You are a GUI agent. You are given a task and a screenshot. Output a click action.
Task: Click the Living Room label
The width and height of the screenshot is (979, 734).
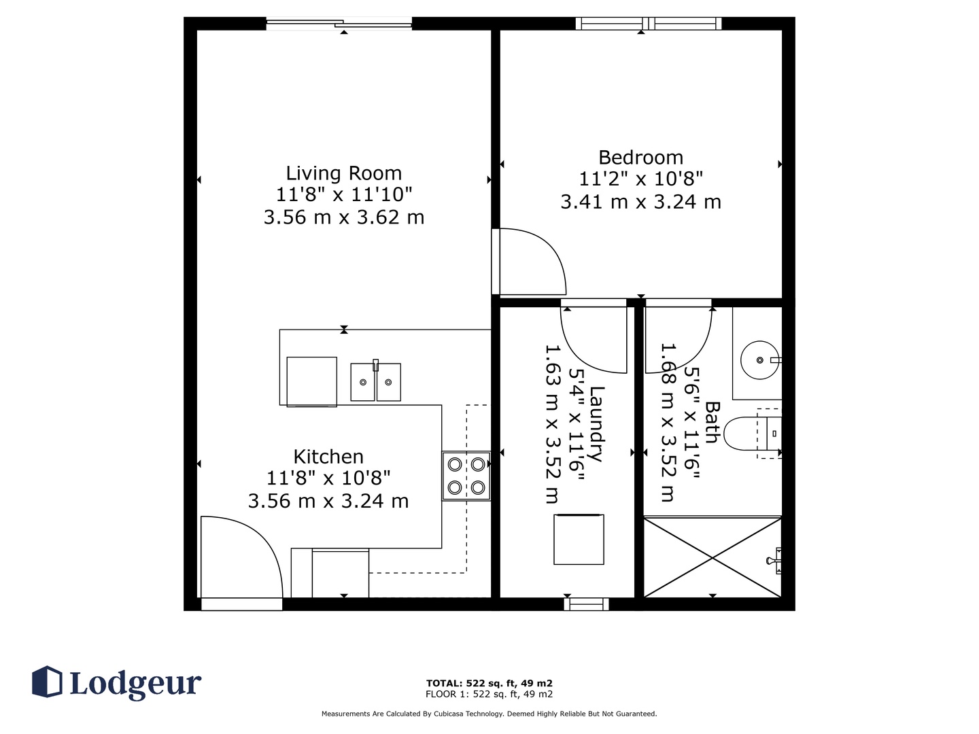pyautogui.click(x=343, y=173)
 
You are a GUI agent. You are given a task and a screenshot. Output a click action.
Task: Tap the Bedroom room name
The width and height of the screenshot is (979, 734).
pyautogui.click(x=640, y=157)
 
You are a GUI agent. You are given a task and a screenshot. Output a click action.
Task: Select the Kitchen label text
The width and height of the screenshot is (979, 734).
pyautogui.click(x=328, y=457)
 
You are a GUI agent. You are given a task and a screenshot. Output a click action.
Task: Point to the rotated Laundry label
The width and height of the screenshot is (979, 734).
pyautogui.click(x=597, y=424)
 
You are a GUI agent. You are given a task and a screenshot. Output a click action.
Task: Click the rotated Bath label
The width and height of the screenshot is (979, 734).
pyautogui.click(x=712, y=423)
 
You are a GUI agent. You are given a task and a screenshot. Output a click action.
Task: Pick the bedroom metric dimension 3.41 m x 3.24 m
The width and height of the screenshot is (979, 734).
pyautogui.click(x=640, y=202)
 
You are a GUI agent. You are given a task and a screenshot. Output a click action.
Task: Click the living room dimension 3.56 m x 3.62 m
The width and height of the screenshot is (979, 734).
pyautogui.click(x=343, y=217)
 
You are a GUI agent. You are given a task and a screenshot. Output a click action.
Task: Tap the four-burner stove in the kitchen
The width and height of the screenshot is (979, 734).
pyautogui.click(x=466, y=476)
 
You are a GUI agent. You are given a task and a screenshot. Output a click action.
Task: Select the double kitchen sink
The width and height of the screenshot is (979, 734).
pyautogui.click(x=375, y=381)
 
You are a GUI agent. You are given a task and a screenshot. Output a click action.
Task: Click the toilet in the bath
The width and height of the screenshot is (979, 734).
pyautogui.click(x=753, y=433)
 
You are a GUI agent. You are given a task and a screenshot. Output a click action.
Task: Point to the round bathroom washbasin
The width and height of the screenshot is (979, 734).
pyautogui.click(x=761, y=360)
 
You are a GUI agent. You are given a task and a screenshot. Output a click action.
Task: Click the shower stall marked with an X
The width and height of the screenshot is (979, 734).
pyautogui.click(x=712, y=557)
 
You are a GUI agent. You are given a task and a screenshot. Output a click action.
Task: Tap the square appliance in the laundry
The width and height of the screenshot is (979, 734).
pyautogui.click(x=579, y=539)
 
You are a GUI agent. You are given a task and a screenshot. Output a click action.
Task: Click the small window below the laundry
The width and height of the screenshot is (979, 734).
pyautogui.click(x=586, y=604)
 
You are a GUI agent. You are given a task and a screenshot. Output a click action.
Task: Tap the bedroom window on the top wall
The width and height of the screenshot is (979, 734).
pyautogui.click(x=649, y=23)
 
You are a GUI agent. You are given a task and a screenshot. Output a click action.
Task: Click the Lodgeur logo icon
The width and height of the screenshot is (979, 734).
pyautogui.click(x=47, y=682)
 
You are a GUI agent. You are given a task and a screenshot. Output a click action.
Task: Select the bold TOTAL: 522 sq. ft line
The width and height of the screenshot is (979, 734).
pyautogui.click(x=489, y=683)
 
